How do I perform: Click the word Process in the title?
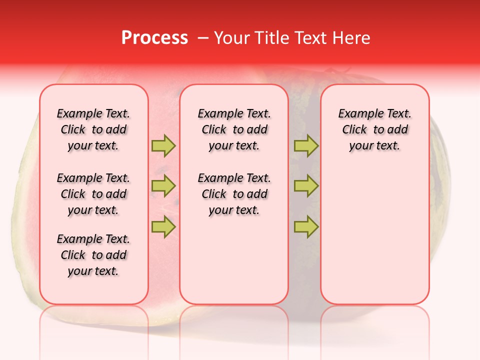pyautogui.click(x=154, y=38)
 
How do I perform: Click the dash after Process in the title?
pyautogui.click(x=203, y=38)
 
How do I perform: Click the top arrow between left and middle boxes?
pyautogui.click(x=163, y=146)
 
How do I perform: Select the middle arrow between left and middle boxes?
pyautogui.click(x=163, y=186)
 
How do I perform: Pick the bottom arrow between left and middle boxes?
pyautogui.click(x=163, y=226)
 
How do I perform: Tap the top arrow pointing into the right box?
pyautogui.click(x=306, y=146)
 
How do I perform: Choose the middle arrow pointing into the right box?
pyautogui.click(x=306, y=186)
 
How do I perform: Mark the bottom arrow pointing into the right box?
pyautogui.click(x=306, y=226)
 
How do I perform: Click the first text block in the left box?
pyautogui.click(x=93, y=129)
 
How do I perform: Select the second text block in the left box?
pyautogui.click(x=93, y=194)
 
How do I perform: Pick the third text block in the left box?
pyautogui.click(x=93, y=255)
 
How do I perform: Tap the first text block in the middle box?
pyautogui.click(x=234, y=129)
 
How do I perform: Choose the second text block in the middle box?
pyautogui.click(x=234, y=194)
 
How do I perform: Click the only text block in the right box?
pyautogui.click(x=375, y=129)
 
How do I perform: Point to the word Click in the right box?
pyautogui.click(x=354, y=129)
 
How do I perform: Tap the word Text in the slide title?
pyautogui.click(x=310, y=38)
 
